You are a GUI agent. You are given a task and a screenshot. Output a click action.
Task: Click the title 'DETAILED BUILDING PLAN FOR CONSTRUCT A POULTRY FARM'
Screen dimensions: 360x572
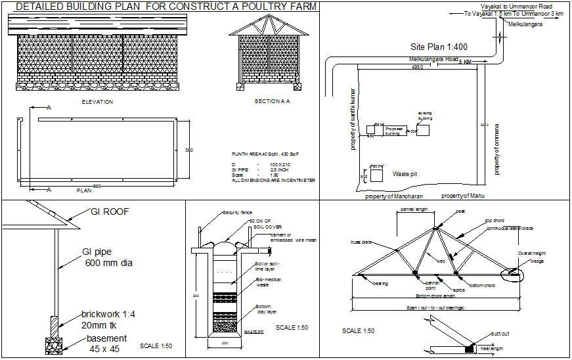click(165, 7)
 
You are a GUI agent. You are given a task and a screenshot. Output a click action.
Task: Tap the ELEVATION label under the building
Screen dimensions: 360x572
click(97, 102)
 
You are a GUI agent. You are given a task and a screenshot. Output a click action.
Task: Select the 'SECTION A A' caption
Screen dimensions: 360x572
click(272, 102)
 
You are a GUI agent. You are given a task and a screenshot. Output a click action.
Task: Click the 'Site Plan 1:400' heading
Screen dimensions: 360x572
click(439, 47)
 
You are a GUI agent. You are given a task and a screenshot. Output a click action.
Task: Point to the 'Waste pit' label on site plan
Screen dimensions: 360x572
click(405, 174)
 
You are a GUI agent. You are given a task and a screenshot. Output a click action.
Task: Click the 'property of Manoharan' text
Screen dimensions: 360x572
click(394, 196)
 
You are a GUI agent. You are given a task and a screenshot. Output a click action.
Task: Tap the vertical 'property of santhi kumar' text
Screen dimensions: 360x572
click(353, 119)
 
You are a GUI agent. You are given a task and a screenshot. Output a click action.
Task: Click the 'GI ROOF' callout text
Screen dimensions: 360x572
click(109, 212)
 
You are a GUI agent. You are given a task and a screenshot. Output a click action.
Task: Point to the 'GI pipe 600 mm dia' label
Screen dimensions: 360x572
click(106, 258)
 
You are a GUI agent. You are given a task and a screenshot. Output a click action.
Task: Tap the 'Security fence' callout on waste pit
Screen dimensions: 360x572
click(237, 213)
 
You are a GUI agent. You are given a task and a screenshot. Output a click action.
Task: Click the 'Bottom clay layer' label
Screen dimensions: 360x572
click(265, 309)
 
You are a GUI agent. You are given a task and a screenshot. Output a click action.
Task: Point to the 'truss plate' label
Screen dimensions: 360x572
click(361, 242)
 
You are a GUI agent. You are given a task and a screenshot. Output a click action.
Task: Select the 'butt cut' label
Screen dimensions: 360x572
click(500, 334)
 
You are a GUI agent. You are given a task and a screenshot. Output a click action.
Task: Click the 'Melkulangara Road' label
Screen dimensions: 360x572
click(433, 59)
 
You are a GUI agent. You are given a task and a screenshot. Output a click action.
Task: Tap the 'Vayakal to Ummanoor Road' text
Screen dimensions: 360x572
click(516, 6)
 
